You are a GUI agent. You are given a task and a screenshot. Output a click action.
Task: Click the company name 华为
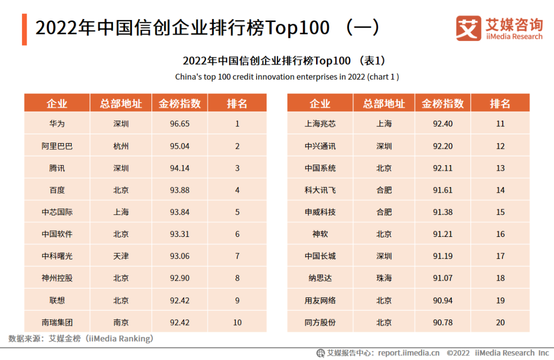click(57, 124)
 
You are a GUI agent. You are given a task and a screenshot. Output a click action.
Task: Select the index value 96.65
click(180, 124)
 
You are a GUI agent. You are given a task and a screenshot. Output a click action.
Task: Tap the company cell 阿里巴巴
click(57, 146)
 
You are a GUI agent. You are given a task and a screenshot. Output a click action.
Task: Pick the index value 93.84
click(180, 212)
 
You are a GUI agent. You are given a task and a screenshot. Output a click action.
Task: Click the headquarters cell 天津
click(121, 256)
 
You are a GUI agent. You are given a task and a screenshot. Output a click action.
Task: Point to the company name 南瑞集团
click(57, 323)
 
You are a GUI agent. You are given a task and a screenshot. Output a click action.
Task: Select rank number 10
click(237, 323)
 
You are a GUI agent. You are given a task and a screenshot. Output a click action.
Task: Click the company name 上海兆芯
click(320, 124)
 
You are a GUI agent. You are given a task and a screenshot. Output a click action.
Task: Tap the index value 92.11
click(443, 168)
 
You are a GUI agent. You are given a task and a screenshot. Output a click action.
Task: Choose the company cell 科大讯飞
click(320, 190)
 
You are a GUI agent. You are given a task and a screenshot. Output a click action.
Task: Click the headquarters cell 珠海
click(384, 278)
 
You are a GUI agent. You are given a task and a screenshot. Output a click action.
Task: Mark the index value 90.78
click(443, 323)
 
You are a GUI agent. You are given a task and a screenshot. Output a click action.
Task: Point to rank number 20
click(500, 323)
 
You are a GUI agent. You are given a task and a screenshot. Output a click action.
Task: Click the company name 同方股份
click(320, 323)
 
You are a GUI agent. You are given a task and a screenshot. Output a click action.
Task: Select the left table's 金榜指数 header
click(180, 103)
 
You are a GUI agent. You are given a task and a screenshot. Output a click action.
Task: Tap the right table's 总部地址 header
click(384, 103)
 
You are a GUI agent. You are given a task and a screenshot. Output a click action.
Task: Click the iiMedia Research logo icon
click(468, 28)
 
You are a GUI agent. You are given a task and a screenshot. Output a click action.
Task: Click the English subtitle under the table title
click(287, 77)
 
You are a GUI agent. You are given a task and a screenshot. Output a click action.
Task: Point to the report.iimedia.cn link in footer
click(409, 353)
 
